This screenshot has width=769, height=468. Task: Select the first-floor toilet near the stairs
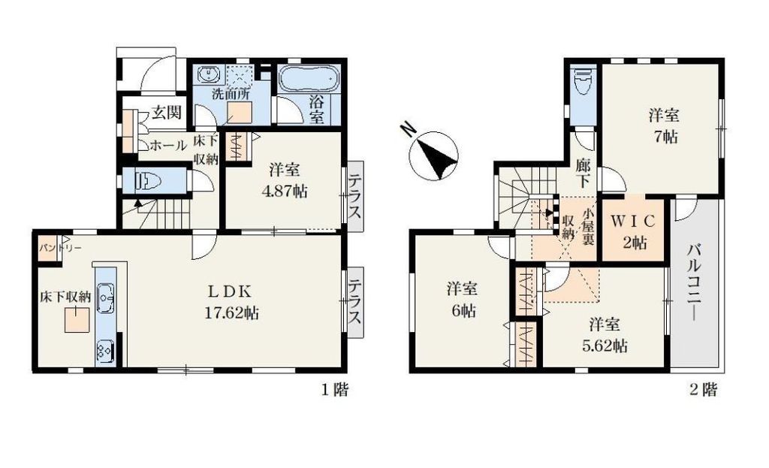(x=149, y=181)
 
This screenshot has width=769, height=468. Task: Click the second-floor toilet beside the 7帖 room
(x=582, y=83)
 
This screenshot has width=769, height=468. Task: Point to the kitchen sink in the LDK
(x=104, y=298)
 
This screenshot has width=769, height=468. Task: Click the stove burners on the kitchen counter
(x=104, y=351)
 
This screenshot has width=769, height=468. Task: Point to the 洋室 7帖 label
(x=664, y=127)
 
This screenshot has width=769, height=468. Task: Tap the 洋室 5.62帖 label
(x=605, y=335)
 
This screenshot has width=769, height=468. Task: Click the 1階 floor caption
(x=334, y=390)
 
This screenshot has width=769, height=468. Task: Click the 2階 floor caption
(x=704, y=390)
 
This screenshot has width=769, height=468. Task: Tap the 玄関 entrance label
(x=166, y=113)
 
